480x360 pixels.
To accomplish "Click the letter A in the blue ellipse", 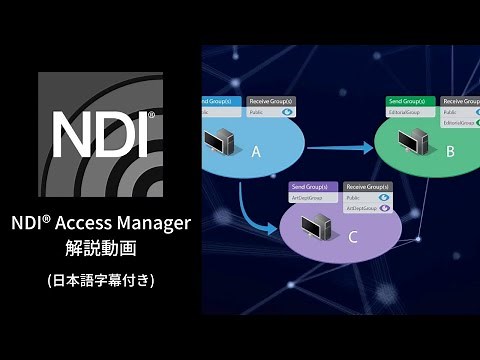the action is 256,152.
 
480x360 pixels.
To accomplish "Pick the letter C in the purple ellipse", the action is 351,237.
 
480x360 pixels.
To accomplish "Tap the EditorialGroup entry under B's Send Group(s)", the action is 405,112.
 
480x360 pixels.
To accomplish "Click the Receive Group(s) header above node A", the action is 269,101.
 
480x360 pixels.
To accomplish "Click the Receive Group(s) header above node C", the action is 367,187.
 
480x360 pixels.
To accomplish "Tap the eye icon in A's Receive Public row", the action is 286,112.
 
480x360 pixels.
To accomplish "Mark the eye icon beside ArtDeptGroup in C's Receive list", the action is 384,208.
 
